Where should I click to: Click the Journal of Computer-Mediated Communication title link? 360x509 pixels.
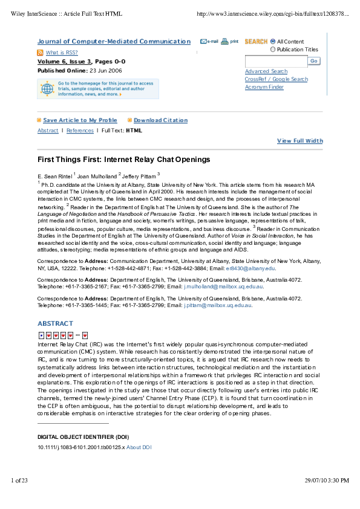tap(114, 41)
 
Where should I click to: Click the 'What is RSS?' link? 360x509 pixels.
tap(62, 53)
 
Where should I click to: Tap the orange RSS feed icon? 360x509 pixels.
tap(41, 53)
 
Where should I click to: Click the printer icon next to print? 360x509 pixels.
tap(224, 42)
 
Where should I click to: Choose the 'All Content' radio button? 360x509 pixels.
tap(273, 41)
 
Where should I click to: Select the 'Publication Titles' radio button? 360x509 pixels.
tap(273, 50)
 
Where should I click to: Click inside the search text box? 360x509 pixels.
tap(276, 61)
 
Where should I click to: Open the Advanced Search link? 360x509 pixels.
tap(266, 71)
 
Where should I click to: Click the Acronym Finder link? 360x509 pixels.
tap(264, 87)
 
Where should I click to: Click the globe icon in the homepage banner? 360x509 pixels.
tap(47, 89)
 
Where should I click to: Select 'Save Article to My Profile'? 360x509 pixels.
tap(80, 120)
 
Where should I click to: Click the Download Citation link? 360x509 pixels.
tap(160, 120)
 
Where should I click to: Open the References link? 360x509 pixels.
tap(80, 131)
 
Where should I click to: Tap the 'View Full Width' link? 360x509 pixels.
tap(299, 141)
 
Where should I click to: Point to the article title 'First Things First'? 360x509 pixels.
tap(123, 160)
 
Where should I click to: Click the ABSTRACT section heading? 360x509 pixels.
tap(55, 323)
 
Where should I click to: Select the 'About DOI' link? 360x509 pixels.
tap(139, 447)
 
